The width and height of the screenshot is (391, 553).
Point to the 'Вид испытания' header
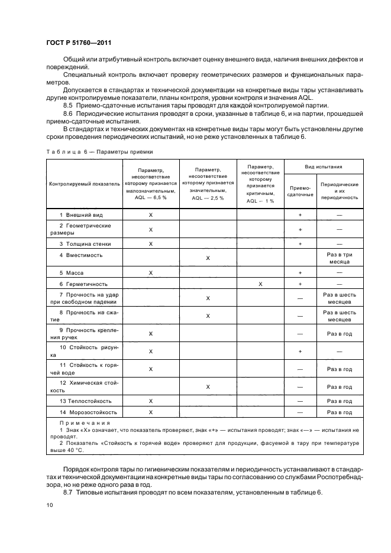click(323, 167)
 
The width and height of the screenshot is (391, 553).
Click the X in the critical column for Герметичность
click(261, 284)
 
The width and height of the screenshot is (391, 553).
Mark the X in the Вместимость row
click(208, 258)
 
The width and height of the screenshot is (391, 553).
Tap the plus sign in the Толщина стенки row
click(300, 243)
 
